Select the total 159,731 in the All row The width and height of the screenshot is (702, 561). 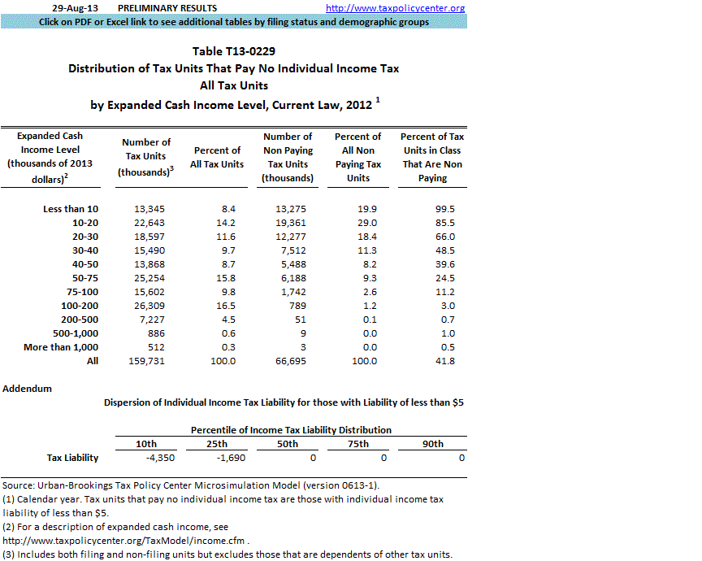click(x=145, y=361)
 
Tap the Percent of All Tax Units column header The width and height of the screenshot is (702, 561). click(x=217, y=157)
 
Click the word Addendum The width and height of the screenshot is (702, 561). click(x=28, y=389)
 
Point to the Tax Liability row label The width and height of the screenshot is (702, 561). click(x=74, y=459)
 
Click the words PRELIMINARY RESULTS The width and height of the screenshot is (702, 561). click(x=157, y=8)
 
